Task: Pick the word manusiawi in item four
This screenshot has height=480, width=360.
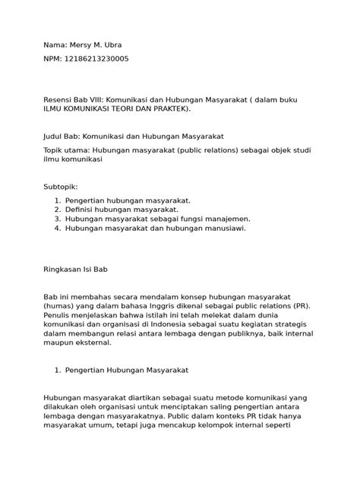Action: pos(223,227)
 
